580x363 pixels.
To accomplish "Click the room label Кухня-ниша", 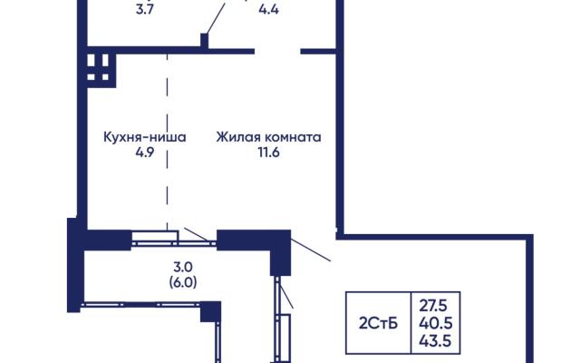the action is coord(145,137).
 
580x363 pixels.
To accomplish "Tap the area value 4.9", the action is coord(145,152).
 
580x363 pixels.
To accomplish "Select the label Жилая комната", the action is coord(268,137).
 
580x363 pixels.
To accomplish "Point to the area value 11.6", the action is coord(269,152).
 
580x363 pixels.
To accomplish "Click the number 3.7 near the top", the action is coord(145,9).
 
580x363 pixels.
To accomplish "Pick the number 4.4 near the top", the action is coord(269,9).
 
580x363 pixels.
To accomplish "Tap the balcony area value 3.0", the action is coord(183,267).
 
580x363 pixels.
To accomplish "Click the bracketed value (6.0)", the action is coord(183,282).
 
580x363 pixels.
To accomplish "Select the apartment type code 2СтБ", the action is coord(378,323).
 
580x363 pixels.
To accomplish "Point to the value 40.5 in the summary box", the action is coord(435,323).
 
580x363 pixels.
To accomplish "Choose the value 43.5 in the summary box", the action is coord(435,341).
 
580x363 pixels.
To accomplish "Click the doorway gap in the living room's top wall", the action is coord(277,51).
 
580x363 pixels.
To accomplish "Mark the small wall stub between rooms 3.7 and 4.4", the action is coord(204,40).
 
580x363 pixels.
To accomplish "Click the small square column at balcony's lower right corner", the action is coord(210,311).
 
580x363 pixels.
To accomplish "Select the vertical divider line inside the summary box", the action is coord(411,323).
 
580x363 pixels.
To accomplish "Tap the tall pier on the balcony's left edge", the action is coord(75,265).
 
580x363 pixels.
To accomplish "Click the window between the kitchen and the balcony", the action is coord(174,240).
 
